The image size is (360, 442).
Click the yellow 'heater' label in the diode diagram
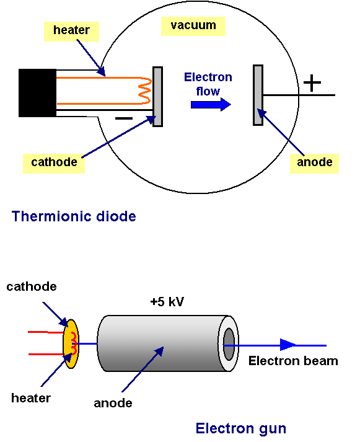click(71, 30)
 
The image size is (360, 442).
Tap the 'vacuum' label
click(193, 25)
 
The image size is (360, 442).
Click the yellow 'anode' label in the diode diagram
click(315, 162)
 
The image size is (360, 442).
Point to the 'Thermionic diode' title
click(74, 217)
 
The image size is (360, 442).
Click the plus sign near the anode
click(312, 82)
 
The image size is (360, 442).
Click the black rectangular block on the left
click(37, 93)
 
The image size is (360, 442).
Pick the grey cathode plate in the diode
click(157, 97)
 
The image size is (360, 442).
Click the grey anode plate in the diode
click(258, 95)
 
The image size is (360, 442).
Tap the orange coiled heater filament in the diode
click(145, 91)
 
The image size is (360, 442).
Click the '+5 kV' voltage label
click(167, 303)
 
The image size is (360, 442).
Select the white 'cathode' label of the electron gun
click(32, 287)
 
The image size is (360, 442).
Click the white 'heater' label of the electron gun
click(31, 397)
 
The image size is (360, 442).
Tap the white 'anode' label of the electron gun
click(113, 403)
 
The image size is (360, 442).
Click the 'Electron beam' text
click(293, 361)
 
